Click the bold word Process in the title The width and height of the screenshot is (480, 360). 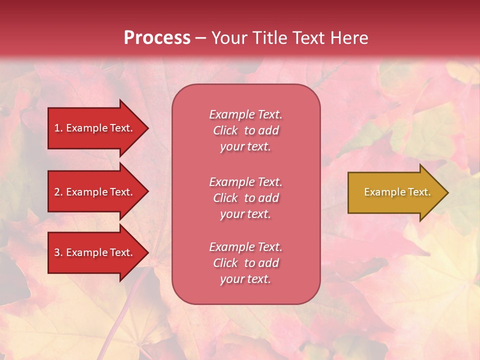coord(157,38)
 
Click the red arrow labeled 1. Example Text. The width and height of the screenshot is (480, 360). coord(93,128)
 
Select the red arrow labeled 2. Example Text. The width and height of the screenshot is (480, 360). coord(93,192)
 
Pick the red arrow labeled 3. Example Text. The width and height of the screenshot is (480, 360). coord(93,252)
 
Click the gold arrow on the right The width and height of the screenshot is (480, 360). coord(395,192)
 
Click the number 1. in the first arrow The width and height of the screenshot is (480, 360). coord(58,128)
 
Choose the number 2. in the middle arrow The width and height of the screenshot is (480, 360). coord(58,192)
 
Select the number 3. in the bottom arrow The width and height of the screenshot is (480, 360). coord(58,252)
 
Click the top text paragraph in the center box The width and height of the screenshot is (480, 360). coord(245,130)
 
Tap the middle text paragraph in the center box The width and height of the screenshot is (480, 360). coord(245,198)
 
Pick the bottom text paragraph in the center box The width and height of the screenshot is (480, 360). coord(245,263)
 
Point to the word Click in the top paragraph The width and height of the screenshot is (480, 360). coord(225,130)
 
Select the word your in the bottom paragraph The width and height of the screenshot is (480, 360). coord(231,279)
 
